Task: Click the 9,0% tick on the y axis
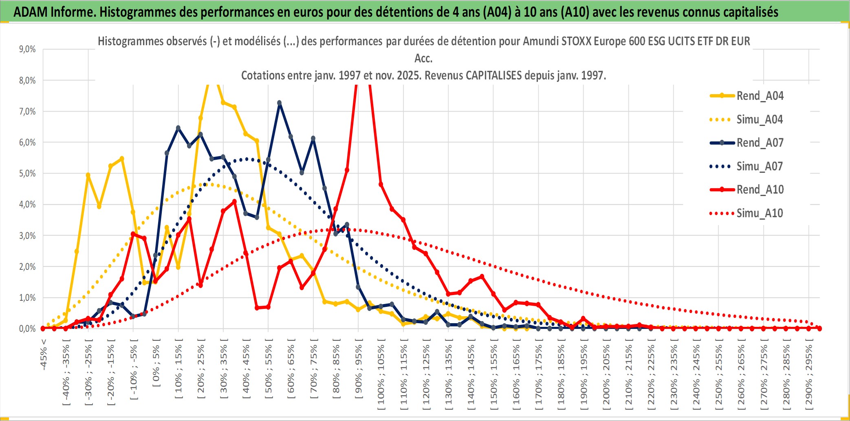point(27,49)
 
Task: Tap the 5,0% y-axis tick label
point(27,174)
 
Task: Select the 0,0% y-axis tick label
point(27,329)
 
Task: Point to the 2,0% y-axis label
point(27,267)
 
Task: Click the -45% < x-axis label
point(44,355)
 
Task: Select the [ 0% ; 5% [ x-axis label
point(156,363)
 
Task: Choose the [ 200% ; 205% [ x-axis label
point(606,375)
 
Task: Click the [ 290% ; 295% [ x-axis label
point(809,375)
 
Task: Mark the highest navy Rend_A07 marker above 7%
point(279,103)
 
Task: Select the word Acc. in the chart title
point(423,59)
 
